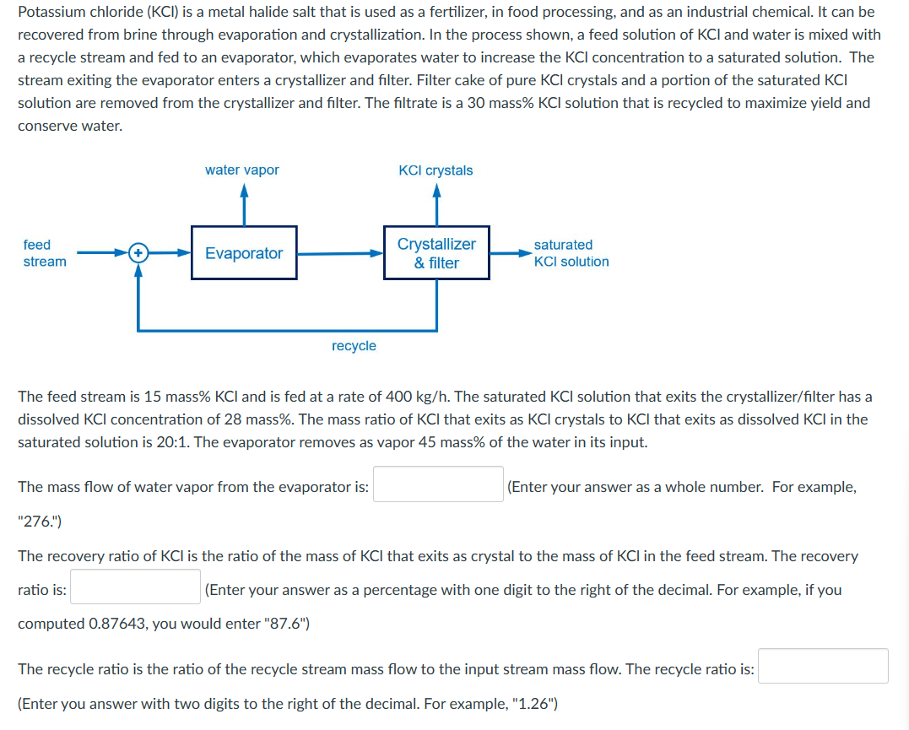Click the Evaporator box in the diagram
pos(244,252)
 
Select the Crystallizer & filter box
pos(436,252)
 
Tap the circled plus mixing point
pos(138,252)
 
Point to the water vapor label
pos(242,170)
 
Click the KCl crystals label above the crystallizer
pos(436,170)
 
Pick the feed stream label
pos(44,252)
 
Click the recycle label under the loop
pos(354,346)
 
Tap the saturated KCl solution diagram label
pos(571,252)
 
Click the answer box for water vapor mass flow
pos(438,484)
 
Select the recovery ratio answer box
pos(135,587)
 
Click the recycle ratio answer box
pos(822,666)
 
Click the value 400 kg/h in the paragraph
pos(412,396)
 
